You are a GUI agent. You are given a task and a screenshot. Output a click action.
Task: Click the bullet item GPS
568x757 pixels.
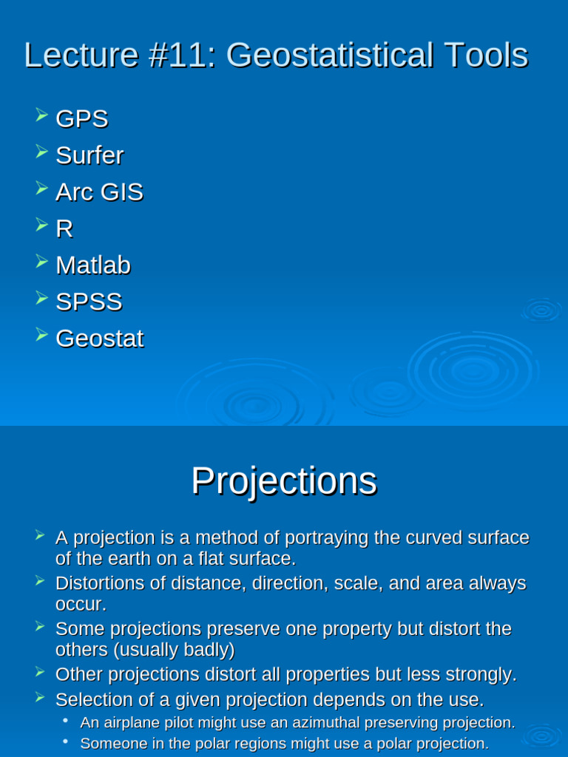point(81,119)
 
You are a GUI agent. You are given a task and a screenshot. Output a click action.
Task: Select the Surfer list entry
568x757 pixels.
point(89,156)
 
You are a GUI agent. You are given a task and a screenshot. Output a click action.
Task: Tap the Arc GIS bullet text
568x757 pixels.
point(99,192)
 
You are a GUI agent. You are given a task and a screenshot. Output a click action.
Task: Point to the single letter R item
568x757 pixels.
point(64,229)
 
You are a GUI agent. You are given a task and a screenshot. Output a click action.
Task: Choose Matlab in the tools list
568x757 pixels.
point(93,265)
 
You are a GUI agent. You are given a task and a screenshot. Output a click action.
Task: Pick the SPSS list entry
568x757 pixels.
point(89,302)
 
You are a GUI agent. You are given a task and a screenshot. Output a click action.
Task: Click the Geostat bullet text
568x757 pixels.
point(99,339)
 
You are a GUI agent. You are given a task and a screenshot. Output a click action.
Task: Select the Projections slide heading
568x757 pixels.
point(284,481)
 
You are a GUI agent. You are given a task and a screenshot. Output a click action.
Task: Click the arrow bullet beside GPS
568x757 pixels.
point(41,115)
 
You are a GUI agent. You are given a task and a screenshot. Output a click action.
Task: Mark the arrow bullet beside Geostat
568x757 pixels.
point(41,335)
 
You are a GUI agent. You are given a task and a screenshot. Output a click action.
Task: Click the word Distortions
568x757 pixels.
point(100,583)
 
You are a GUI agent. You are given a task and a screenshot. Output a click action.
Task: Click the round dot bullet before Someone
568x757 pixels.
point(66,741)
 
